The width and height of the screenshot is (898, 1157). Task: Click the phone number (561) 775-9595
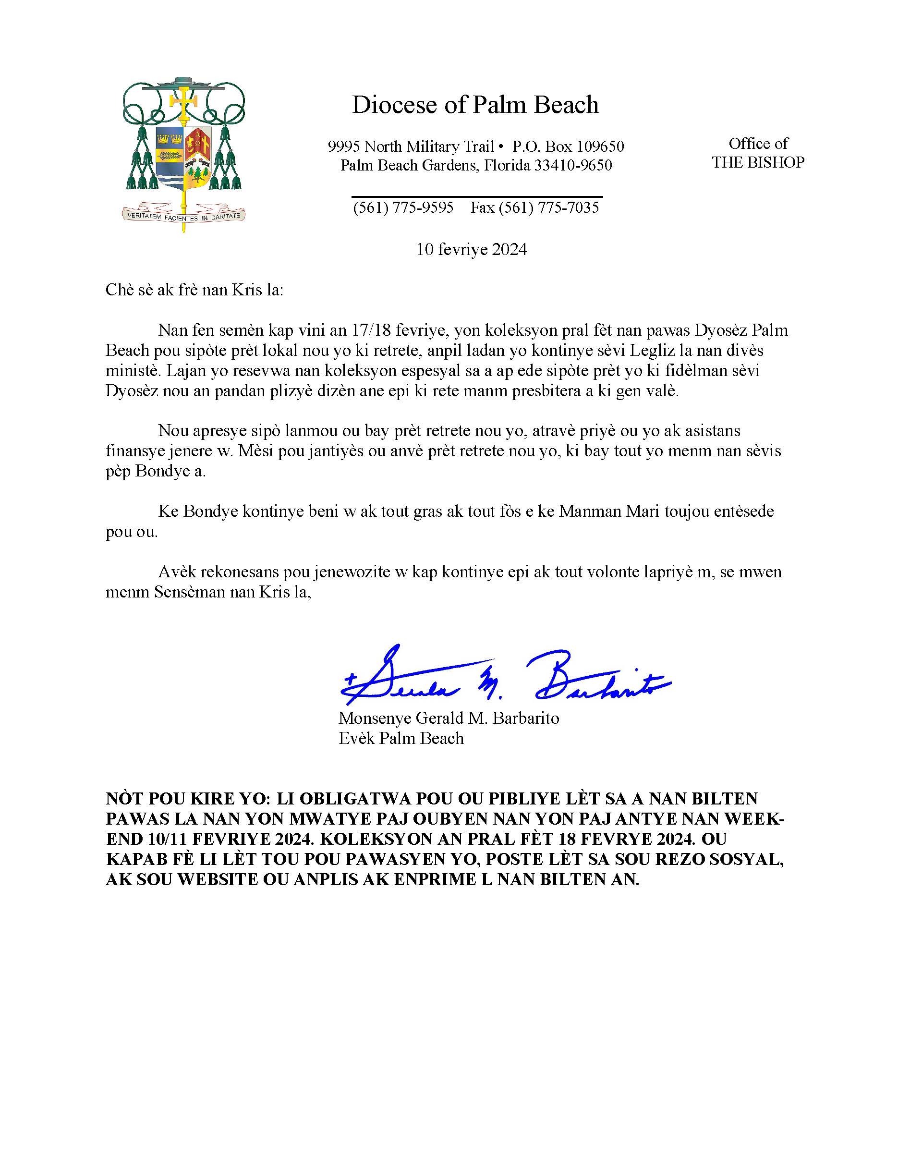pyautogui.click(x=403, y=207)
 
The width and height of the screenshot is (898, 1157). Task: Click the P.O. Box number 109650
pyautogui.click(x=600, y=146)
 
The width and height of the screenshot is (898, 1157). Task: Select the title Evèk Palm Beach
pyautogui.click(x=401, y=738)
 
